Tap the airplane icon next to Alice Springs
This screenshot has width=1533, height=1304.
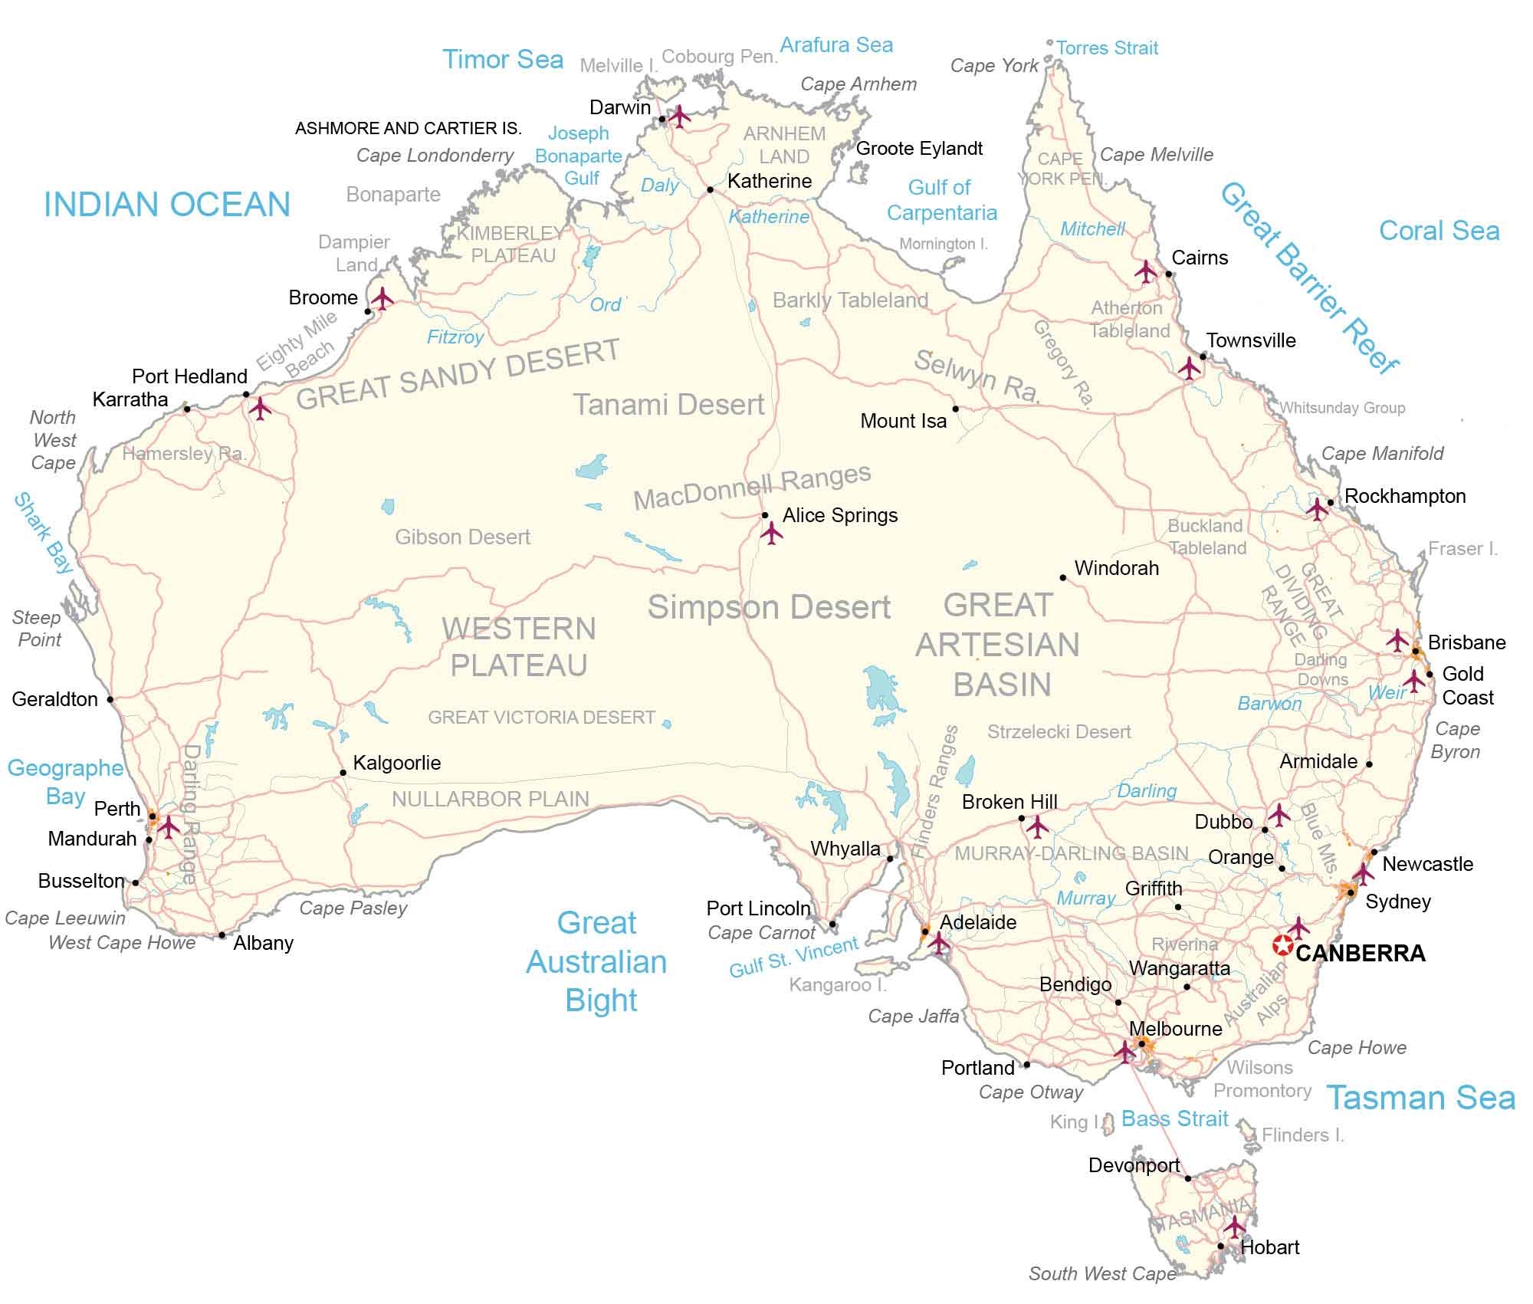point(771,533)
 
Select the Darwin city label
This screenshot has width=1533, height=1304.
point(619,107)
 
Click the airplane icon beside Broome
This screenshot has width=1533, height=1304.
point(382,298)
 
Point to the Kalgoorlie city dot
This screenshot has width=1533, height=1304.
point(343,773)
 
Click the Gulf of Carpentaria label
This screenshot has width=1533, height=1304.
point(941,200)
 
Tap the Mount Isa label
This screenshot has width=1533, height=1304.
point(903,421)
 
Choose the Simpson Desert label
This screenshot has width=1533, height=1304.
point(769,607)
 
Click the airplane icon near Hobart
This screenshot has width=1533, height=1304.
point(1234,1226)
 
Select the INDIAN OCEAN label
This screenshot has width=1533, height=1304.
point(167,205)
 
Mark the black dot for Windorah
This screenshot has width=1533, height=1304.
point(1063,577)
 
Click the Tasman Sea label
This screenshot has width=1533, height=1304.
point(1420,1098)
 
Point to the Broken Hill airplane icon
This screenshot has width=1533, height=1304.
point(1037,826)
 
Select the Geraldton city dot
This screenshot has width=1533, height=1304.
point(110,699)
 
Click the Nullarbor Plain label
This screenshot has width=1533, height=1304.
point(491,800)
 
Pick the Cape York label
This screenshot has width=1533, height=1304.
point(994,66)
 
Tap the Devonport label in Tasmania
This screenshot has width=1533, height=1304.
point(1134,1166)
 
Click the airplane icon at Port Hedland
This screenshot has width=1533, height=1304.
point(261,408)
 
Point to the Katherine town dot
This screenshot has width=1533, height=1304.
point(711,189)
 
